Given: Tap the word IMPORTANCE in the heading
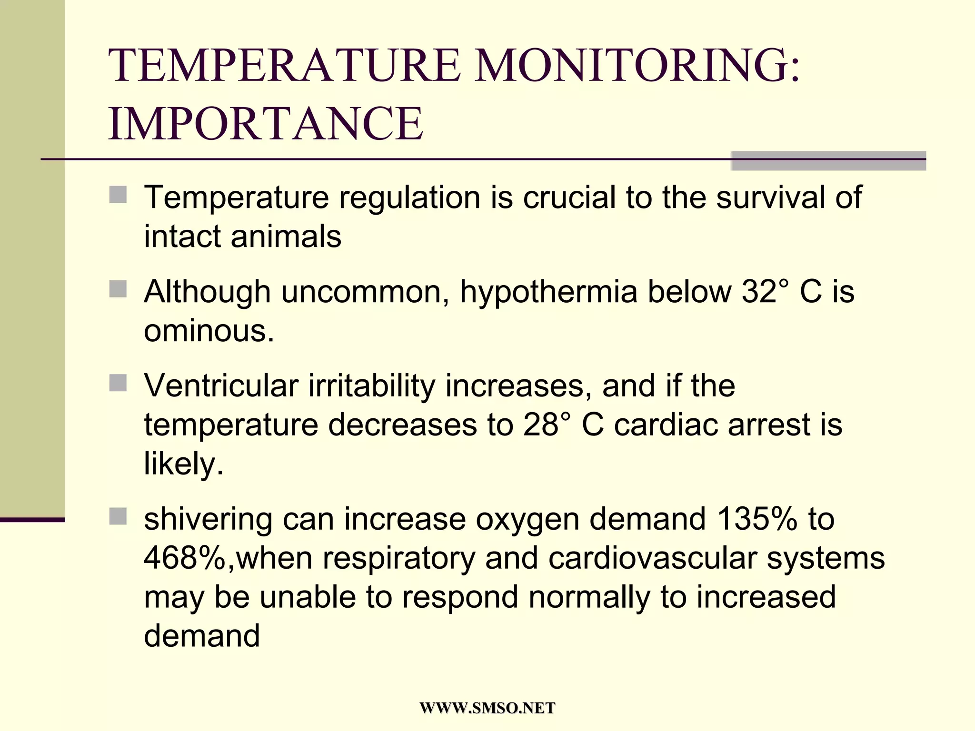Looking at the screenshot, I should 266,124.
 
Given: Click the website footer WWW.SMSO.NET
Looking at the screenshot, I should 487,708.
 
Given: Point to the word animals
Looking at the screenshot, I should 286,237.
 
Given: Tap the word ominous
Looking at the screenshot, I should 209,331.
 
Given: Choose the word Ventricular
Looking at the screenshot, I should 221,385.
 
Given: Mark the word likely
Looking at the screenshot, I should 183,464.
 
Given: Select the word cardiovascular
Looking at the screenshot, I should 652,558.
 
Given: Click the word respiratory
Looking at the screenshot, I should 398,558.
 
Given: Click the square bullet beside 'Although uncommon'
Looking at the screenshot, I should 118,289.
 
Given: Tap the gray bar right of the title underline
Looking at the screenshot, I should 828,161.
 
